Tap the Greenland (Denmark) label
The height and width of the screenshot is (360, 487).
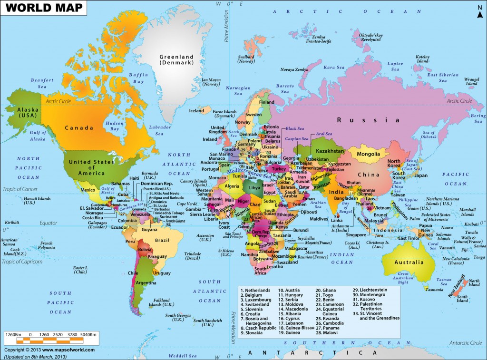176,59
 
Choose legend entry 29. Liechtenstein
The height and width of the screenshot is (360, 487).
370,290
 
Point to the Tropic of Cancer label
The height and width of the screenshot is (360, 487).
22,189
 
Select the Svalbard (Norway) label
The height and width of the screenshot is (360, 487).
246,58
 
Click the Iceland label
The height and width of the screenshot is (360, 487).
197,111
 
